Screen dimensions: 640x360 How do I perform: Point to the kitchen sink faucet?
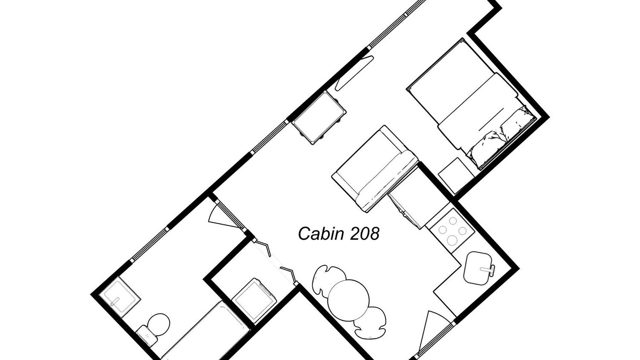tap(488, 269)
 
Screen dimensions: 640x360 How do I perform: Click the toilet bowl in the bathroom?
tap(158, 324)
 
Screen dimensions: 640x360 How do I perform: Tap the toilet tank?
tap(146, 334)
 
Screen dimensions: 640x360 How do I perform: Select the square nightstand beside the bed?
tap(456, 175)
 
